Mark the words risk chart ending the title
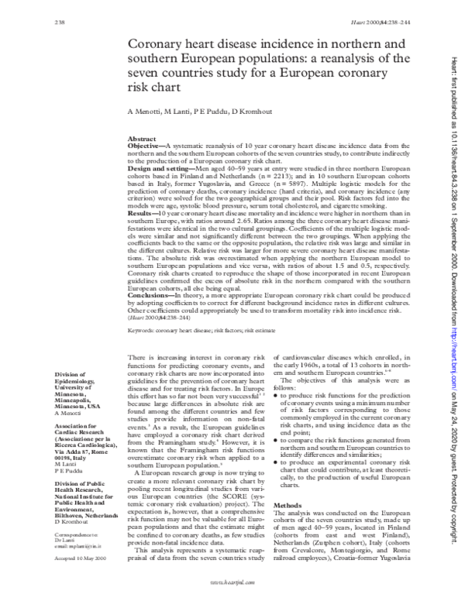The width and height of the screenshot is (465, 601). coord(153,89)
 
